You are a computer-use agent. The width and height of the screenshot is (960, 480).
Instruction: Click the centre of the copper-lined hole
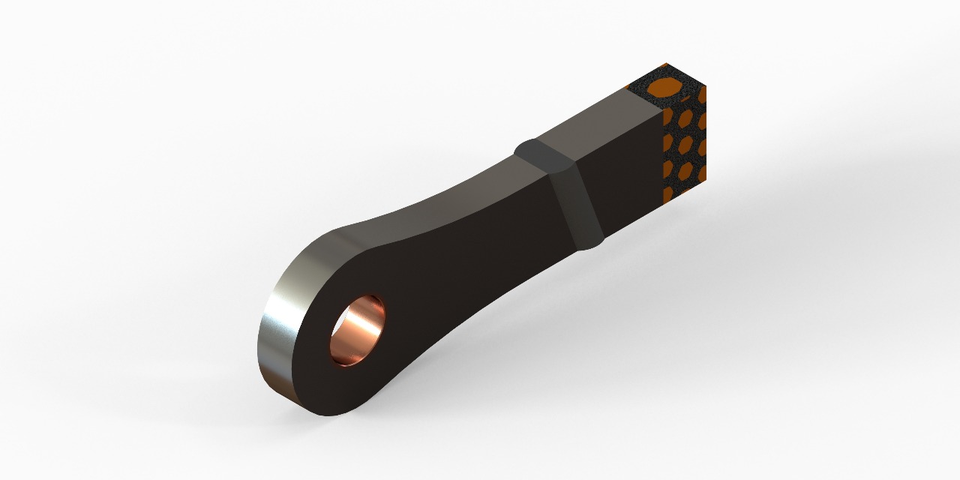(x=357, y=331)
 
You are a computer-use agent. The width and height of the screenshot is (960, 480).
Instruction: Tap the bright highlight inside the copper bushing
(x=365, y=323)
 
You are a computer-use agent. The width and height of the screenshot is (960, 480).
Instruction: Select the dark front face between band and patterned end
(x=626, y=180)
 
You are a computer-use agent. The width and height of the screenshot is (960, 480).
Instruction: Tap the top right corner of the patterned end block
(x=706, y=86)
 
